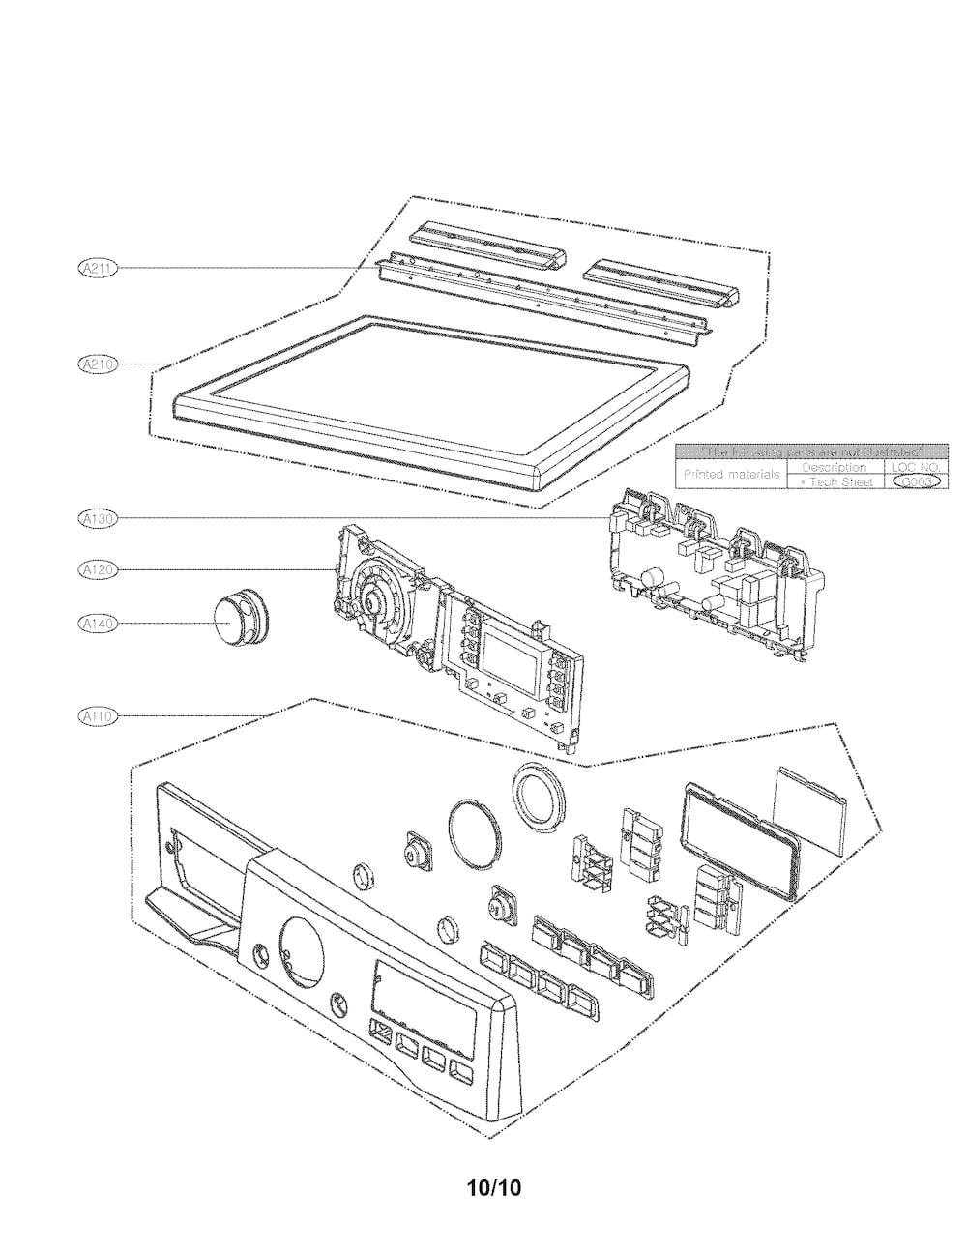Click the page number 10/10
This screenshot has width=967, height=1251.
click(x=492, y=1187)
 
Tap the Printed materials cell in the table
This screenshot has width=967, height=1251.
click(x=731, y=475)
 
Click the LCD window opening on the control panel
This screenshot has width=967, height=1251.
click(x=422, y=996)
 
